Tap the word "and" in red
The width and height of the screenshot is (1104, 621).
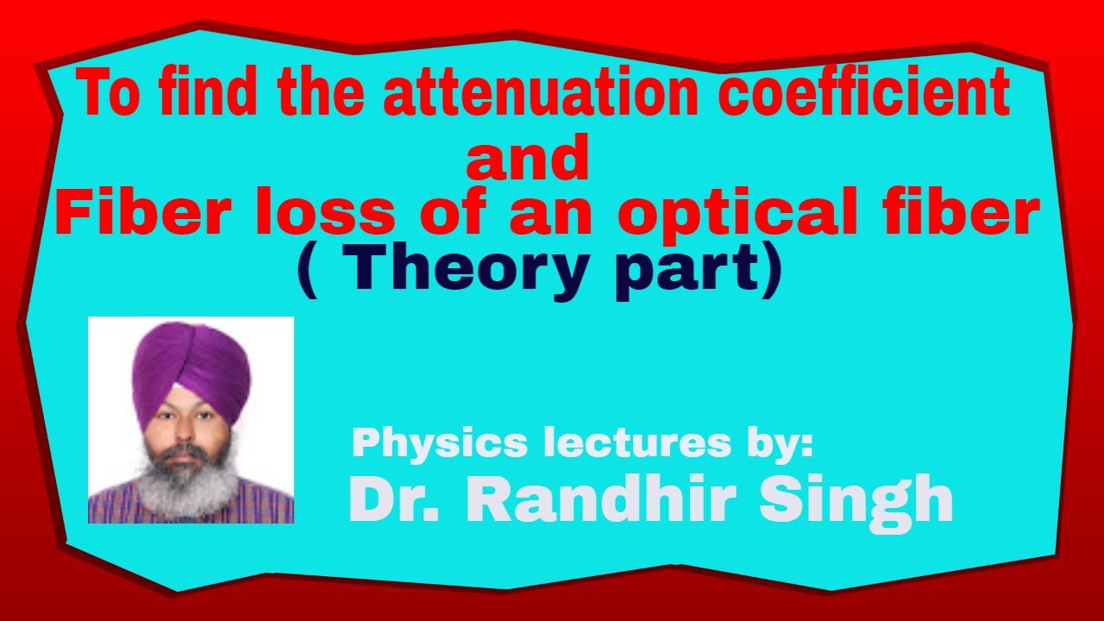[x=527, y=161]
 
